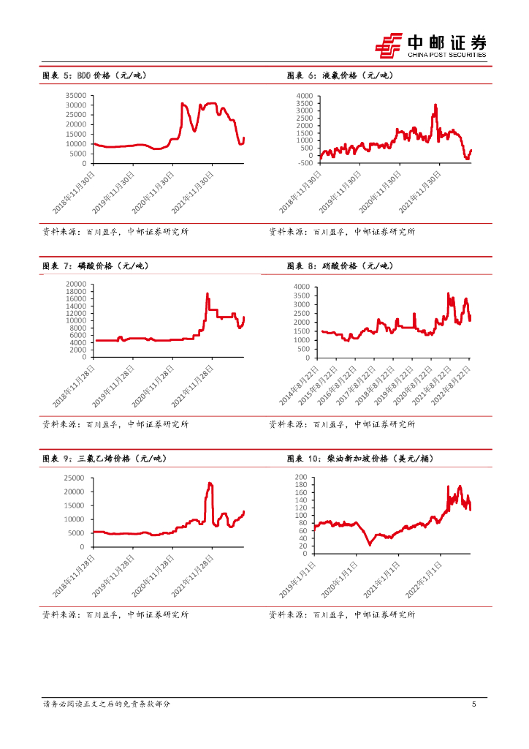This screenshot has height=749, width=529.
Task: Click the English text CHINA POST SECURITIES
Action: click(446, 54)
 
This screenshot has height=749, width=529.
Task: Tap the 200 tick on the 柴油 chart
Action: click(302, 478)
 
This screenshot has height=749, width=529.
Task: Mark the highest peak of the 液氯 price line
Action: click(435, 105)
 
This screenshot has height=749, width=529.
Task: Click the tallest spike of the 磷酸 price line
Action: click(208, 294)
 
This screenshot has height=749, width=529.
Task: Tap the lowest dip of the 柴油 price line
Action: click(370, 544)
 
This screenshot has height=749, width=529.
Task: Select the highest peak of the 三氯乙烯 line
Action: click(210, 483)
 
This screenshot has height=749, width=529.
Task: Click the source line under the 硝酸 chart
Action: click(342, 424)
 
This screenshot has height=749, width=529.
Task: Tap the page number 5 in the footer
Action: click(474, 704)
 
